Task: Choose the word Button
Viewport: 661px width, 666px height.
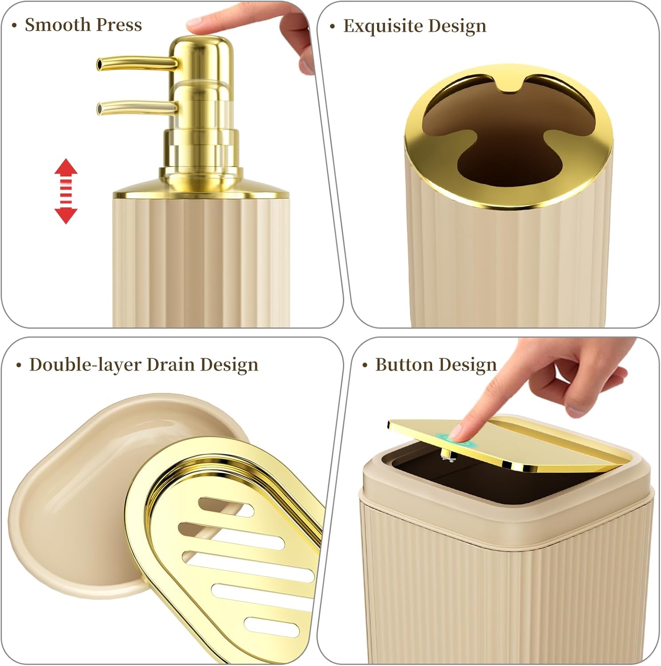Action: click(403, 365)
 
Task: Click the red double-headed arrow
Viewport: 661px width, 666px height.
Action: click(66, 191)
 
